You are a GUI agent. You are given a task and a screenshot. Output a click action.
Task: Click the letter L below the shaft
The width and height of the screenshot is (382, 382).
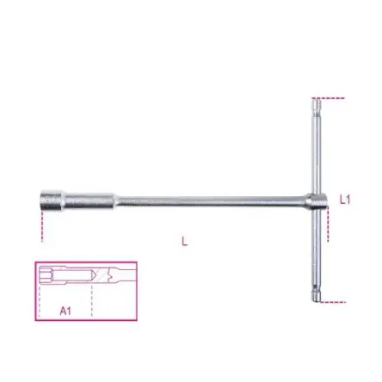click(185, 242)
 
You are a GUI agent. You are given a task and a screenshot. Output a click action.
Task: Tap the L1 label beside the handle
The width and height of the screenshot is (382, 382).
click(345, 200)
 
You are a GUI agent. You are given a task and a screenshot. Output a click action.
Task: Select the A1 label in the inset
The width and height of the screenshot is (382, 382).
click(65, 311)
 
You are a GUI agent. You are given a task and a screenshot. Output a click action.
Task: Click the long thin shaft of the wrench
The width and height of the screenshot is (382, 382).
click(211, 200)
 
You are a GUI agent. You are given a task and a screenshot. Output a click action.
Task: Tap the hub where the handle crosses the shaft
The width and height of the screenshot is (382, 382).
click(317, 200)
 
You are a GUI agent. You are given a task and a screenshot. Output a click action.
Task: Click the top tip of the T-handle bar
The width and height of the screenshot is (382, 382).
click(317, 99)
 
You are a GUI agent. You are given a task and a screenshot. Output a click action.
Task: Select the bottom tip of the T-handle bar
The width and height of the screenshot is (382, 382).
click(317, 301)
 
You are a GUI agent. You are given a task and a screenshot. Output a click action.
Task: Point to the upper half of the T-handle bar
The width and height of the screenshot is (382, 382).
click(316, 146)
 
